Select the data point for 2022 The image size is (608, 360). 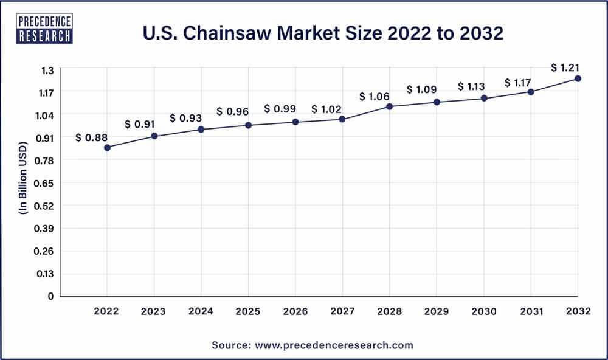click(x=108, y=147)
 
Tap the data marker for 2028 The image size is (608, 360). click(x=390, y=106)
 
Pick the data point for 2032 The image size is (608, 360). click(x=578, y=78)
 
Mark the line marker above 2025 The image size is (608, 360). click(x=249, y=125)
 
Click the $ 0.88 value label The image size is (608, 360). click(x=91, y=138)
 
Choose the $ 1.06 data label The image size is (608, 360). click(x=375, y=96)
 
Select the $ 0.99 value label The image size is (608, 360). click(x=280, y=109)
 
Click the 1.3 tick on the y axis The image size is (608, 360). click(x=47, y=70)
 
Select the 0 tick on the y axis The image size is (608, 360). click(x=51, y=296)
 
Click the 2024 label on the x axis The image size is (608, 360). click(x=201, y=311)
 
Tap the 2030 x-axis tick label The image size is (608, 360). click(x=483, y=311)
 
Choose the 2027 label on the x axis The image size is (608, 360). click(x=342, y=311)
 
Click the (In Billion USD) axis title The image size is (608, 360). click(x=23, y=182)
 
